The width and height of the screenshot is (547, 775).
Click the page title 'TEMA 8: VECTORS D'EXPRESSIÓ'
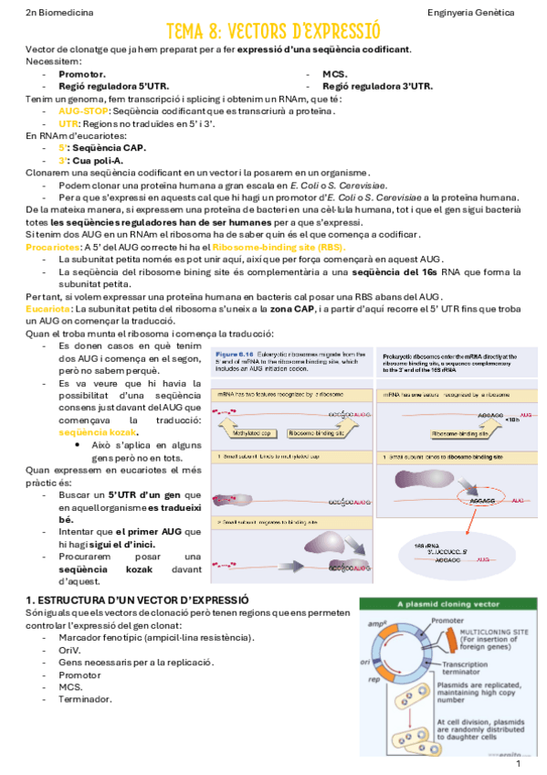274,33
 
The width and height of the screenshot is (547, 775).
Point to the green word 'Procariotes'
52,247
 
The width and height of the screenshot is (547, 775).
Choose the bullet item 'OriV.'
69,650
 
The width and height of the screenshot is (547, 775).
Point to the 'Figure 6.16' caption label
233,353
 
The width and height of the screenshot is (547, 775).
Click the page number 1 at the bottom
518,763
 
